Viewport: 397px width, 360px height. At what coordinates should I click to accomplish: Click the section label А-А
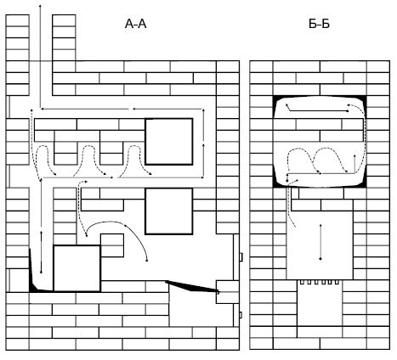pos(135,24)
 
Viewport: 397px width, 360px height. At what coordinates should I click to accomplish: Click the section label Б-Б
pos(319,24)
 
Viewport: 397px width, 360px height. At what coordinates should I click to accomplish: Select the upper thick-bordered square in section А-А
pos(169,142)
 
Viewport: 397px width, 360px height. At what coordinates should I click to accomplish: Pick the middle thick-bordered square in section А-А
pos(169,211)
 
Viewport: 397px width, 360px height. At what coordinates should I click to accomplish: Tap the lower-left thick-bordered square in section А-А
pos(77,268)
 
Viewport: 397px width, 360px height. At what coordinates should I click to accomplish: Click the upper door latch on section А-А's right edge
pos(241,257)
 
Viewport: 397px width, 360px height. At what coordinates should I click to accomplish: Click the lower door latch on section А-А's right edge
pos(241,315)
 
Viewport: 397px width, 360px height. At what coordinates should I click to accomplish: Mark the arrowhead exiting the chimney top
pos(40,6)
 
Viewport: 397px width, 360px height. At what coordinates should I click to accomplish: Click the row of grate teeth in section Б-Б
pos(320,282)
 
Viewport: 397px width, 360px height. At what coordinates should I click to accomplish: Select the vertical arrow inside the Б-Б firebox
pos(320,242)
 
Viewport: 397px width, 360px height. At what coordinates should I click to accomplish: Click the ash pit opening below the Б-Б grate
pos(320,305)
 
